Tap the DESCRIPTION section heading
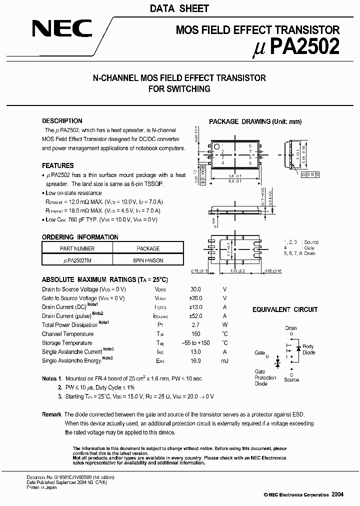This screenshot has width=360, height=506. (62, 121)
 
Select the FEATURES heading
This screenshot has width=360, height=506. (57, 165)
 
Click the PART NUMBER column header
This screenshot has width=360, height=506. (77, 248)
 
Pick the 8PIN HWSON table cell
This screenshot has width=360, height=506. (148, 260)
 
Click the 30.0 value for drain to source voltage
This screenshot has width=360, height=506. (195, 289)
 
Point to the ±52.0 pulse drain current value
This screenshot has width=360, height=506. (195, 316)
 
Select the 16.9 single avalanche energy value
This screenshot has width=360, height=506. (195, 360)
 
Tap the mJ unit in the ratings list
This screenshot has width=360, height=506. (224, 360)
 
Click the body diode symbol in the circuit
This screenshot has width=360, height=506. (298, 348)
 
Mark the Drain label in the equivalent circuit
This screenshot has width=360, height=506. (291, 328)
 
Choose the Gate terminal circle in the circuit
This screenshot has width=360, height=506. (268, 356)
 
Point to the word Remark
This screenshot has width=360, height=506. (51, 414)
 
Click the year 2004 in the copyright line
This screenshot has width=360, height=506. (337, 494)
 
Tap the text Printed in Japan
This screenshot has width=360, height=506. (41, 487)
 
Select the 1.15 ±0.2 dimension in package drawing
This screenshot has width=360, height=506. (237, 271)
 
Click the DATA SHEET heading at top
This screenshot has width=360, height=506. (179, 8)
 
